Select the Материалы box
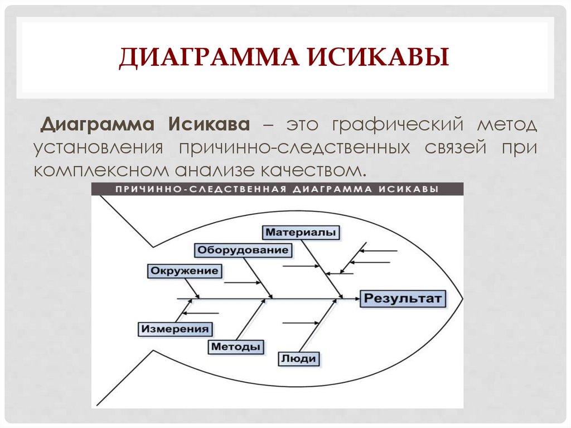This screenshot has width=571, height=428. pos(301,233)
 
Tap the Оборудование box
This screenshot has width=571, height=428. pos(243,250)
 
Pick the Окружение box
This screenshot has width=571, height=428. pos(184,271)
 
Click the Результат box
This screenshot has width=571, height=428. pos(403,299)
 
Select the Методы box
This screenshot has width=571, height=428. pos(236,347)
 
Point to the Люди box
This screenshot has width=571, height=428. pos(299,359)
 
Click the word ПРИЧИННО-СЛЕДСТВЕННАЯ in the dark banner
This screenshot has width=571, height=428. pos(201,189)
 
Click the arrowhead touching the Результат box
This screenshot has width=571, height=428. pos(357,299)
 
